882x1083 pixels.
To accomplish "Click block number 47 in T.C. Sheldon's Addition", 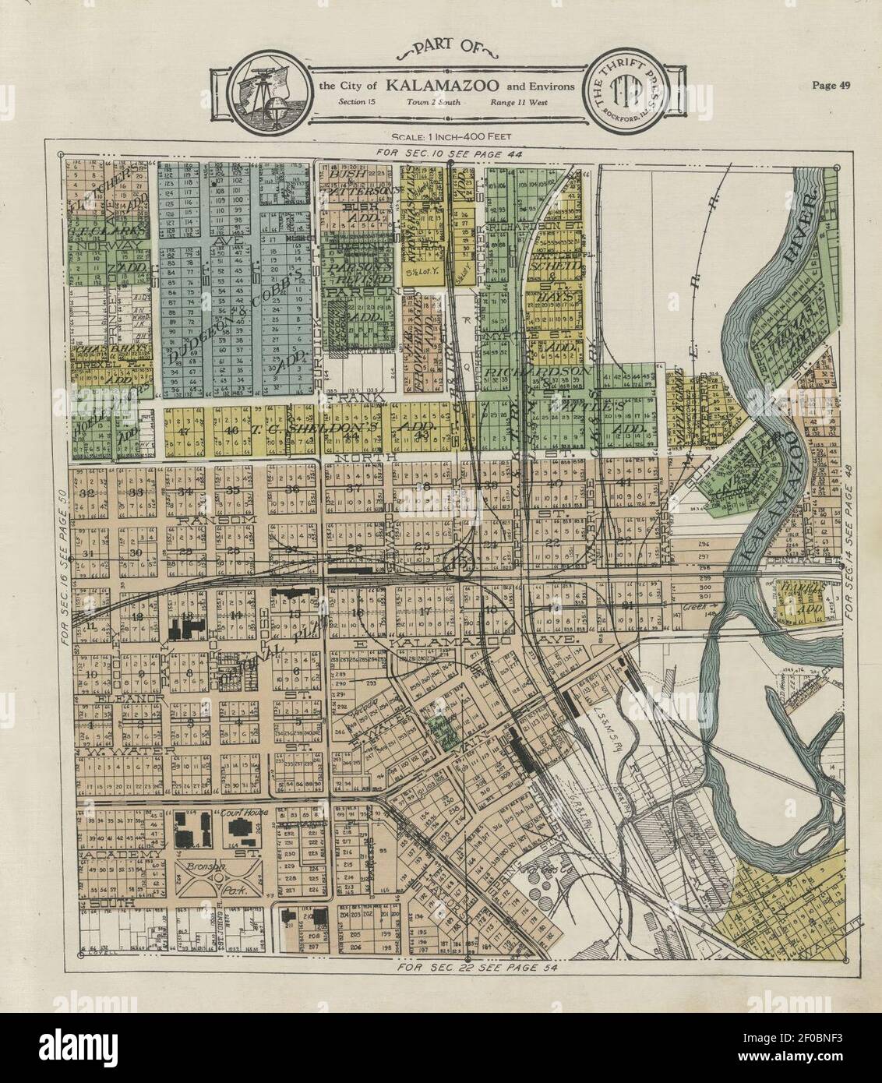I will pos(185,431).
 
